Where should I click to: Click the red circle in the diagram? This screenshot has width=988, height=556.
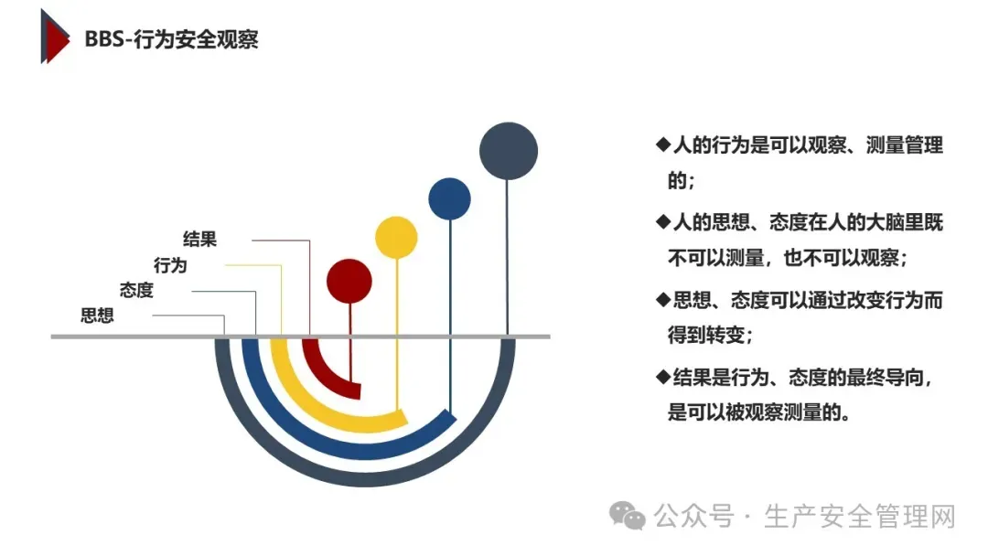349,280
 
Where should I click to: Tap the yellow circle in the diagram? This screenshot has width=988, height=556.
396,237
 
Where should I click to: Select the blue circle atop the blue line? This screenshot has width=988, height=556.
450,198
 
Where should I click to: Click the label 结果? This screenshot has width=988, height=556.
199,240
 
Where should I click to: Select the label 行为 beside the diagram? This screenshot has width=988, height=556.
170,265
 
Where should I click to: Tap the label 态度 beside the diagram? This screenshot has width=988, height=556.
136,291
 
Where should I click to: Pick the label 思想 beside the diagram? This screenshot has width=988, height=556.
97,316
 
